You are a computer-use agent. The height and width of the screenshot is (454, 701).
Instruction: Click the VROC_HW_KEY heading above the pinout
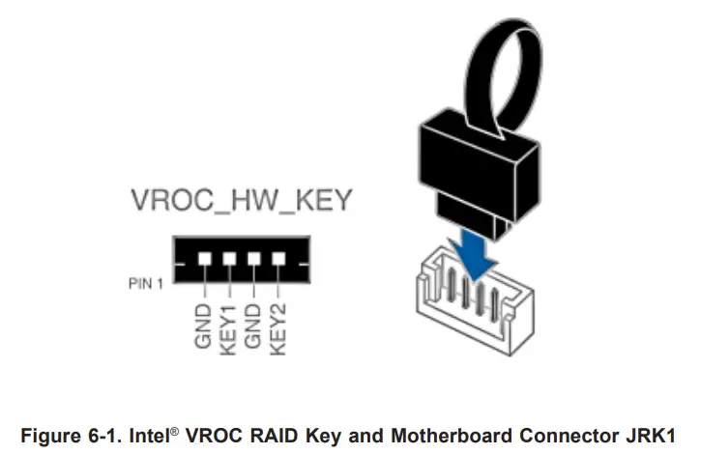[x=241, y=201]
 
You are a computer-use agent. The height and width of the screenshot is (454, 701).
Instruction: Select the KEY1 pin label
[x=229, y=326]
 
